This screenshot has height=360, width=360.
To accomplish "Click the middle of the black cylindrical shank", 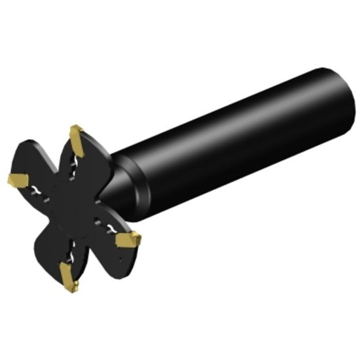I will [x=236, y=141].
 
